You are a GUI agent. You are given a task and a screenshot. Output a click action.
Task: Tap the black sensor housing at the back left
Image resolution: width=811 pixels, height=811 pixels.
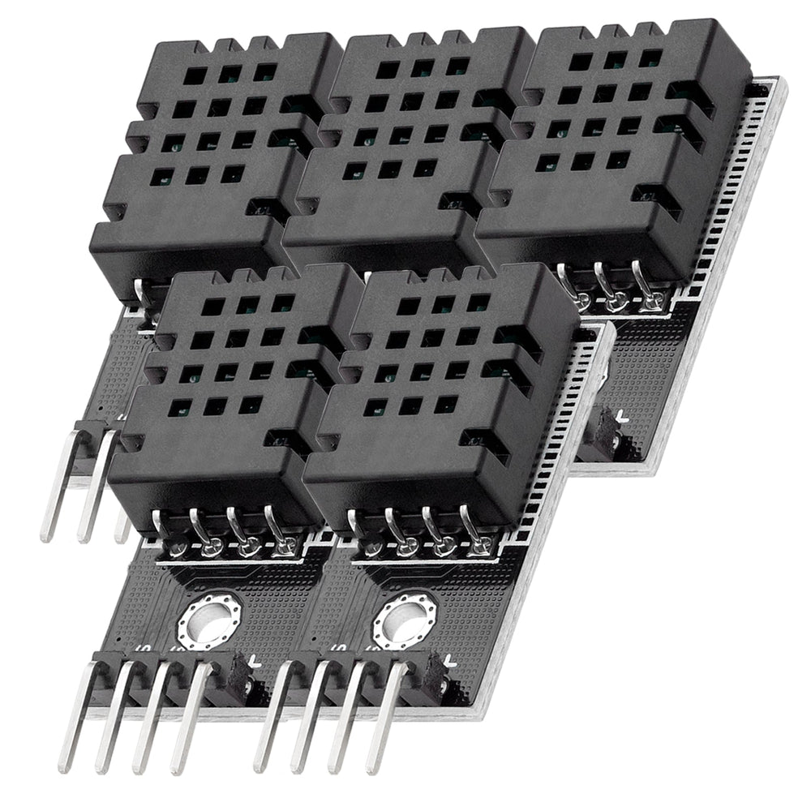[x=215, y=154]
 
